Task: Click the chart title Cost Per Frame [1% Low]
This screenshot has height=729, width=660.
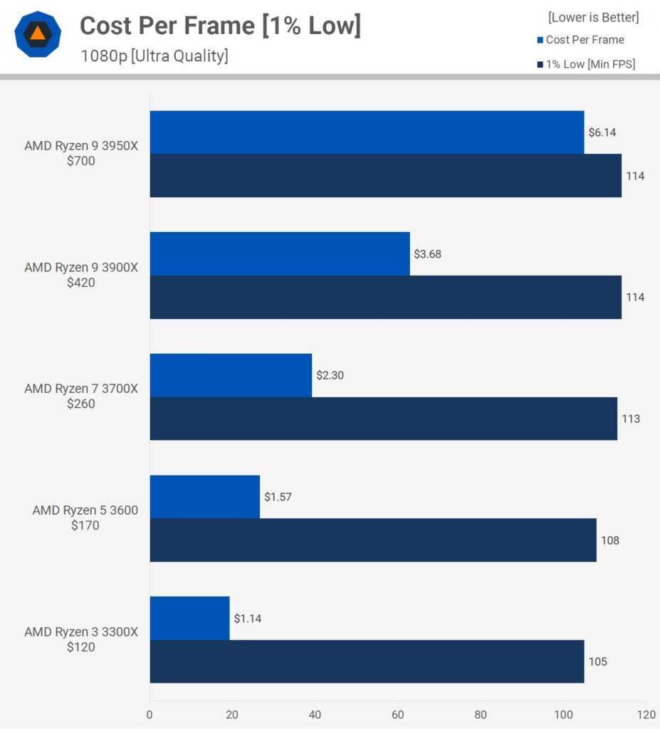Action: pyautogui.click(x=220, y=26)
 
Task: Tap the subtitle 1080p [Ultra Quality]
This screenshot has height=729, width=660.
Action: pyautogui.click(x=154, y=56)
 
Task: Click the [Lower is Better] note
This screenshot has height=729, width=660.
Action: pyautogui.click(x=593, y=17)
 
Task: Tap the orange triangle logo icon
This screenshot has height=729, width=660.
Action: pyautogui.click(x=37, y=33)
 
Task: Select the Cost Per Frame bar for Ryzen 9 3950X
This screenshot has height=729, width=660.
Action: pyautogui.click(x=367, y=132)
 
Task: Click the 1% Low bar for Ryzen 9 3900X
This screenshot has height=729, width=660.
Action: pyautogui.click(x=385, y=297)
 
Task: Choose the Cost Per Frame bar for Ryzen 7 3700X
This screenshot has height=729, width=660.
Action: pyautogui.click(x=231, y=375)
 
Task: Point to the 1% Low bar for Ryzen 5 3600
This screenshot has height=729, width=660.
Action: pyautogui.click(x=373, y=540)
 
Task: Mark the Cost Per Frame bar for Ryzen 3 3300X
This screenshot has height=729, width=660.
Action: pyautogui.click(x=189, y=619)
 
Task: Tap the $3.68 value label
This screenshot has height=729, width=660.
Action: pyautogui.click(x=427, y=253)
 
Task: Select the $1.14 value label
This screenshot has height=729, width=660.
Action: pyautogui.click(x=247, y=619)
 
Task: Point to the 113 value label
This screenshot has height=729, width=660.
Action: pyautogui.click(x=631, y=419)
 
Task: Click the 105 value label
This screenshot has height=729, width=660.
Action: pyautogui.click(x=598, y=661)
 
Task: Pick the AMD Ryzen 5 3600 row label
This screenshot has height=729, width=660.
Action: pyautogui.click(x=85, y=510)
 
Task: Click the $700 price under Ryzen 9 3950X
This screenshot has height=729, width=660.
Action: pyautogui.click(x=81, y=162)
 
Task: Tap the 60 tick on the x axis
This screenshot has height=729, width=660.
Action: pyautogui.click(x=398, y=714)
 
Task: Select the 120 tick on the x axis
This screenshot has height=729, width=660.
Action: pyautogui.click(x=646, y=714)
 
